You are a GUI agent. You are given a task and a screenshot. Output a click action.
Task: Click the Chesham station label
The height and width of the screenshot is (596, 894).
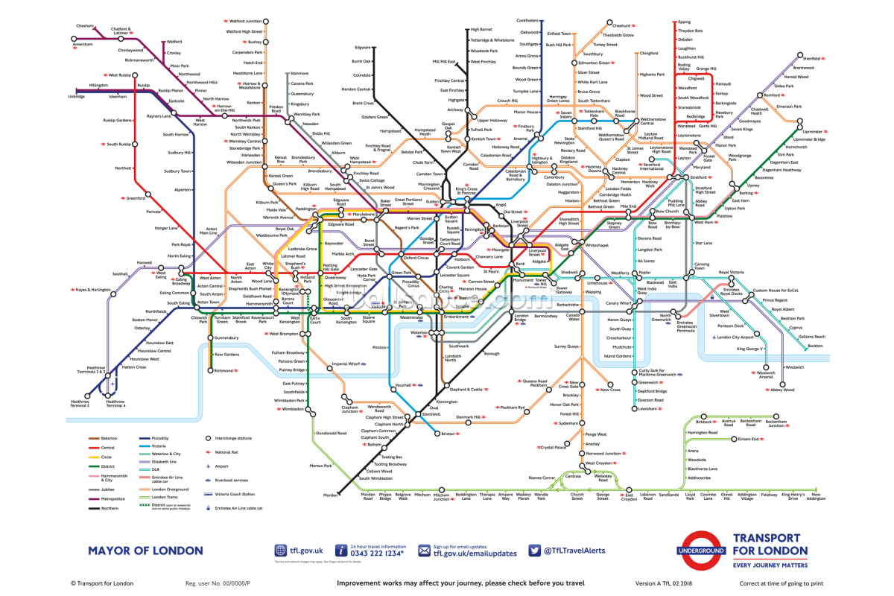pyautogui.click(x=84, y=26)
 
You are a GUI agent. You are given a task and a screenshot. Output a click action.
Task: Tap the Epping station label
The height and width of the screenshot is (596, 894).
pyautogui.click(x=685, y=22)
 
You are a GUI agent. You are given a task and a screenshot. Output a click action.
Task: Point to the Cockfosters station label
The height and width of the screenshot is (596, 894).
pyautogui.click(x=527, y=20)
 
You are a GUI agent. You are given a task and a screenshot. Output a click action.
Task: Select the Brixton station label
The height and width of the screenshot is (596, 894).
pyautogui.click(x=448, y=434)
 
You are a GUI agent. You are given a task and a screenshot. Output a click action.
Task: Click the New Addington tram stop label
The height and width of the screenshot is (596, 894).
pyautogui.click(x=816, y=498)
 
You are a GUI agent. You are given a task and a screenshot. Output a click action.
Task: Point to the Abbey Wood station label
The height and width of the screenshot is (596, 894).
pyautogui.click(x=782, y=390)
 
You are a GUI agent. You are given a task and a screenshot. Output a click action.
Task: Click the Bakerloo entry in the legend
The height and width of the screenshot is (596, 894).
pyautogui.click(x=110, y=438)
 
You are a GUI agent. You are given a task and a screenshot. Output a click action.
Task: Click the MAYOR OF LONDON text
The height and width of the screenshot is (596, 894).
pyautogui.click(x=145, y=551)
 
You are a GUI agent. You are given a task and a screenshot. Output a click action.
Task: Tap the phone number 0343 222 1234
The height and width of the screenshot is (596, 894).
pyautogui.click(x=377, y=554)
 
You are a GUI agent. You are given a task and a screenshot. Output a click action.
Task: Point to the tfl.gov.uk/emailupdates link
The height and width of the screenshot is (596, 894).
pyautogui.click(x=475, y=554)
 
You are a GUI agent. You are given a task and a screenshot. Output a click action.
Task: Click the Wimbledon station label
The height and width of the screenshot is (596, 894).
pyautogui.click(x=291, y=409)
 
